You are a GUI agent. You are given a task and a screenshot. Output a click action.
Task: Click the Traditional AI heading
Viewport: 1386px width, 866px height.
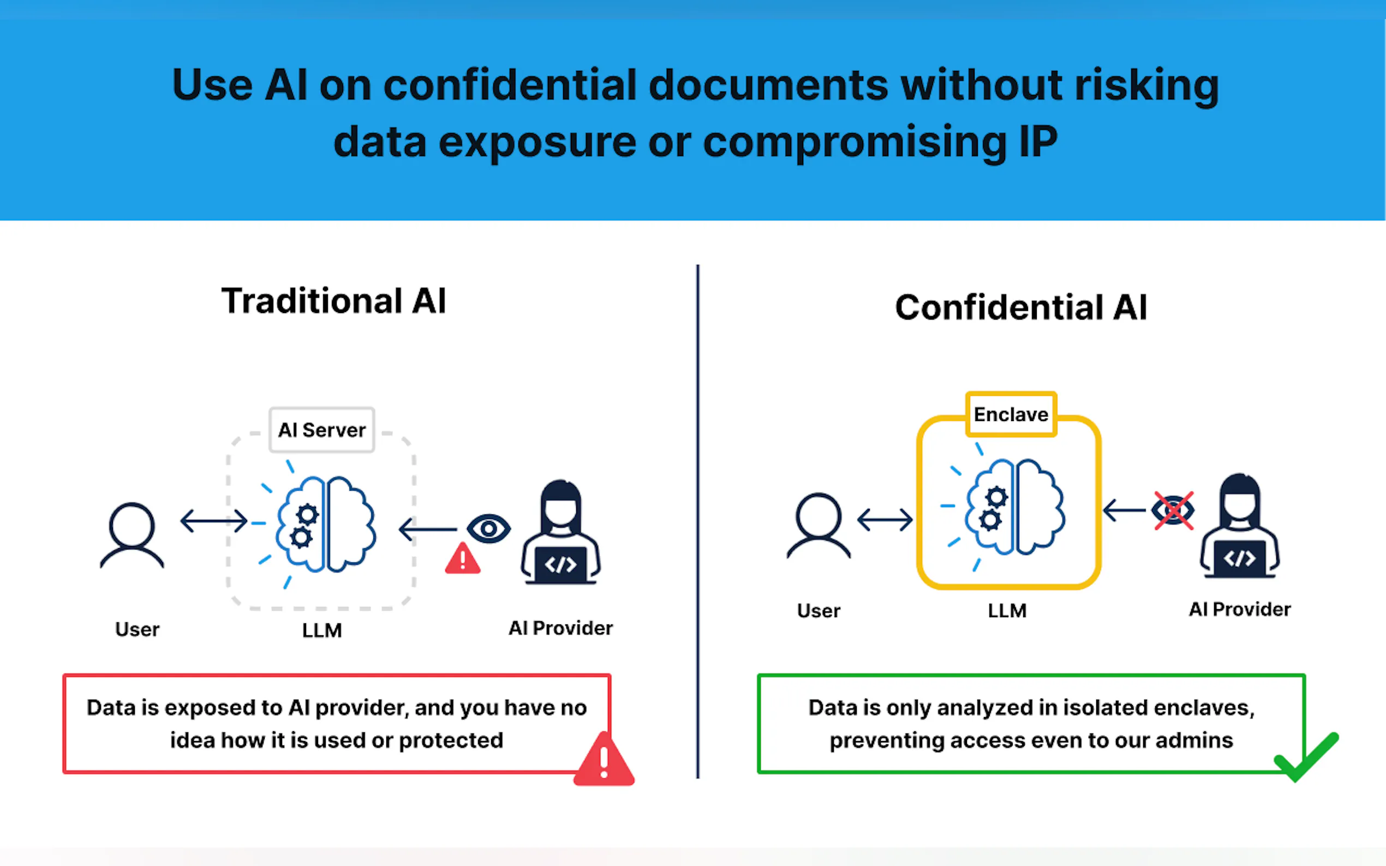coord(333,300)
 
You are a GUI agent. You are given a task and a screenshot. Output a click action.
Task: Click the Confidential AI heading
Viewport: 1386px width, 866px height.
coord(1021,307)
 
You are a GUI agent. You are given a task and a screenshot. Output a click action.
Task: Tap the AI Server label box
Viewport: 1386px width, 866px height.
coord(322,430)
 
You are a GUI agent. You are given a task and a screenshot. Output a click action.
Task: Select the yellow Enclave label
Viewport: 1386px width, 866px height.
coord(1011,414)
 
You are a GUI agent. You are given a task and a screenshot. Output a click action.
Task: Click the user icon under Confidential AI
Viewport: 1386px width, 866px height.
coord(819,525)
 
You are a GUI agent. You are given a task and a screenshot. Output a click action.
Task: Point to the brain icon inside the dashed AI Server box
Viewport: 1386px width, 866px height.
coord(325,524)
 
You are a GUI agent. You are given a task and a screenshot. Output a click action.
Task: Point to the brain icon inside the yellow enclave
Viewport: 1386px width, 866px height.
coord(1015,507)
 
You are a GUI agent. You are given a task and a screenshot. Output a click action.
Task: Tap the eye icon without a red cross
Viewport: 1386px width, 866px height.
coord(489,528)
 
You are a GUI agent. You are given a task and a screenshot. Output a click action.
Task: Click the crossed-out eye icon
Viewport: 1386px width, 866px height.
coord(1173,510)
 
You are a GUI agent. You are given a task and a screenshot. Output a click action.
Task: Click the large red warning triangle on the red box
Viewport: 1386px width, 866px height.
coord(604,759)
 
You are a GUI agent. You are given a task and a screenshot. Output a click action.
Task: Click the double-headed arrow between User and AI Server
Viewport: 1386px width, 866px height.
coord(214,521)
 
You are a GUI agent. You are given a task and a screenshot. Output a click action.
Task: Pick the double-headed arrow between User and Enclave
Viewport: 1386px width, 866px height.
coord(885,520)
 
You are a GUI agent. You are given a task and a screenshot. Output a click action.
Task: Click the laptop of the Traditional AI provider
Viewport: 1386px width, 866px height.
coord(561,566)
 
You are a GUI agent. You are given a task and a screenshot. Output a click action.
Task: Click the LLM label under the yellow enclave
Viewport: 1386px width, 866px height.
coord(1007,611)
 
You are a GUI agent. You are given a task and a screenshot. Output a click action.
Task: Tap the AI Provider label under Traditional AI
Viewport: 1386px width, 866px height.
coord(561,628)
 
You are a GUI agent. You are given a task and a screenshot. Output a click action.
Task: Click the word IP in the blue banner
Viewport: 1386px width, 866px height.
coord(1038,141)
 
